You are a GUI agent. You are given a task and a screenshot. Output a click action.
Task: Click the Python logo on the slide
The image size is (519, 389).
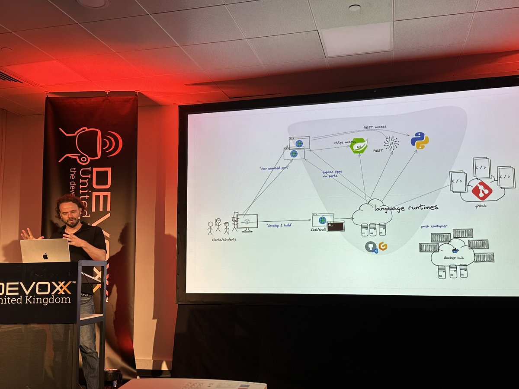[419, 140]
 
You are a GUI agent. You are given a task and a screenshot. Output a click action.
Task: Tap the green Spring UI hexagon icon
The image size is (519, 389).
[359, 146]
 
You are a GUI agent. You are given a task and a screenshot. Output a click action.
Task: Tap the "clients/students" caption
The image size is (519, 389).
[222, 239]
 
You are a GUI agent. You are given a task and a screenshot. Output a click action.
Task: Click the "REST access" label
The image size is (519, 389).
[375, 127]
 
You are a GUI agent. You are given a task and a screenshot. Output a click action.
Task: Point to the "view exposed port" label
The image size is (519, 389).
[273, 167]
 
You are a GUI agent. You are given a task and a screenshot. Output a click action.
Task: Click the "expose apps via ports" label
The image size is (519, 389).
[332, 174]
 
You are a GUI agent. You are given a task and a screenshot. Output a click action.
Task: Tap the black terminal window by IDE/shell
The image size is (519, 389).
[335, 226]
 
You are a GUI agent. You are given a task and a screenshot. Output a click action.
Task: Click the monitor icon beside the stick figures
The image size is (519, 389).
[247, 222]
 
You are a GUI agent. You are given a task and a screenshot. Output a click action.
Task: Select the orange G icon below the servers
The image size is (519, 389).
[382, 246]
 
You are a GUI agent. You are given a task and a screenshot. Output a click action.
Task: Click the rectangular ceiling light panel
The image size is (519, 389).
[356, 39]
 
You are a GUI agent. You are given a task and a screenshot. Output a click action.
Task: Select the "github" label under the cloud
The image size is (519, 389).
[481, 206]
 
